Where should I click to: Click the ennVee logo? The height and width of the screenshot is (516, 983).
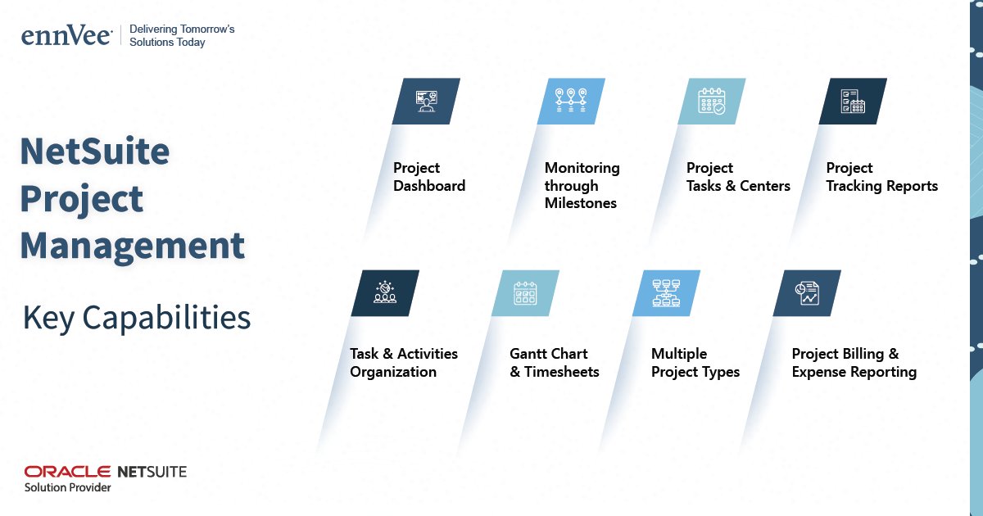tap(66, 35)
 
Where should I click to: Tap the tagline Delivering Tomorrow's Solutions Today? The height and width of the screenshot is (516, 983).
tap(182, 35)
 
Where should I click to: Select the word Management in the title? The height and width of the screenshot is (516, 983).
tap(132, 246)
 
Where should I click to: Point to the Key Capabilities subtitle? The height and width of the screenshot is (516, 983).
tap(137, 317)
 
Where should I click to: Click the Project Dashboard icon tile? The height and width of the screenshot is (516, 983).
tap(426, 101)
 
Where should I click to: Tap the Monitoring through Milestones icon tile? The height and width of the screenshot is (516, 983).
tap(571, 101)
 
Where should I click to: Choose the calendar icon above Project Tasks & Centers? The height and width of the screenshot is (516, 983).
tap(711, 101)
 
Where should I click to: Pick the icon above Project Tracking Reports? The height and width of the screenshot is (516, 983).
tap(853, 101)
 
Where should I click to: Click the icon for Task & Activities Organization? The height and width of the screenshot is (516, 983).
tap(385, 292)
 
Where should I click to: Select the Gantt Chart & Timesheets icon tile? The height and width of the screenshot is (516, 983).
tap(525, 292)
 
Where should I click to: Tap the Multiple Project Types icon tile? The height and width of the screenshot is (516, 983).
tap(666, 292)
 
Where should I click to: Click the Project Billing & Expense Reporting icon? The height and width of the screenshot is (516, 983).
tap(807, 292)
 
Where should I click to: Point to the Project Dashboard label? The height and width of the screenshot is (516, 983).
tap(429, 177)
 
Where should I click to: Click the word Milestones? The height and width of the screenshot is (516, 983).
tap(581, 203)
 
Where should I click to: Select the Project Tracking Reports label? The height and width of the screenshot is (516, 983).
tap(881, 177)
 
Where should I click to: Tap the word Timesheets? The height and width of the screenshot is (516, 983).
tap(562, 372)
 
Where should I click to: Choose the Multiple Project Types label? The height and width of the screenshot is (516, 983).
tap(695, 363)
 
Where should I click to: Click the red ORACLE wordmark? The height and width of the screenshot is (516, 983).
tap(67, 471)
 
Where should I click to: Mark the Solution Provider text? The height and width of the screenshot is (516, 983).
tap(68, 487)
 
